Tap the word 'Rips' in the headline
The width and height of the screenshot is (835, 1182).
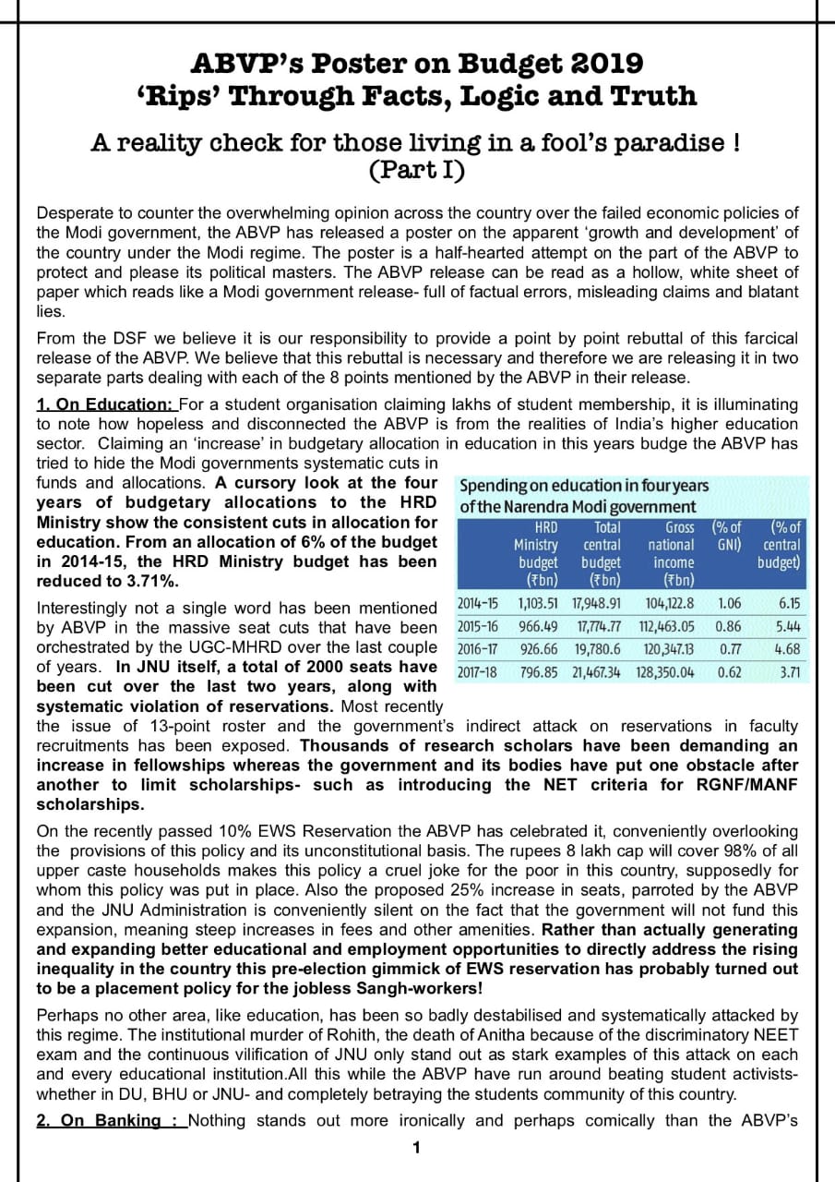pyautogui.click(x=181, y=96)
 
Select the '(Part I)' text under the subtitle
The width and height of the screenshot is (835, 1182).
pyautogui.click(x=416, y=171)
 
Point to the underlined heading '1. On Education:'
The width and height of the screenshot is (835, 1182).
pyautogui.click(x=105, y=404)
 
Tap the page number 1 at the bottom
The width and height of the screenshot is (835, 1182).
pyautogui.click(x=416, y=1148)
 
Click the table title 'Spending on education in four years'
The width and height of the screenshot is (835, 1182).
pyautogui.click(x=583, y=485)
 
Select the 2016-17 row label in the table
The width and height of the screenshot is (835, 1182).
pyautogui.click(x=478, y=648)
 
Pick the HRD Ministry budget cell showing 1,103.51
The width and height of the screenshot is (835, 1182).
pyautogui.click(x=538, y=604)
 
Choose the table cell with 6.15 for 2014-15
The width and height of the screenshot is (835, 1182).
pyautogui.click(x=789, y=604)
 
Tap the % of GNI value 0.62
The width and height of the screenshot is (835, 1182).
pyautogui.click(x=729, y=671)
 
